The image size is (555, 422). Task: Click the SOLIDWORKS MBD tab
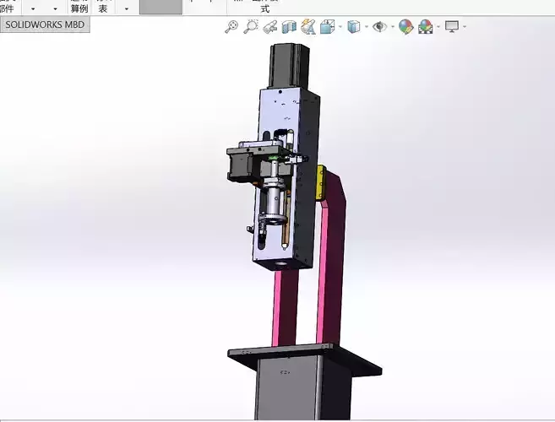tap(45, 25)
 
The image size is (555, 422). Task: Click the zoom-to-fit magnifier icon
tap(231, 27)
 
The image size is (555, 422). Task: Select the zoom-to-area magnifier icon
tap(251, 27)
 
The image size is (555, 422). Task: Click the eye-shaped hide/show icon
tap(379, 27)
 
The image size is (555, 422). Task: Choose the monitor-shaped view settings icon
tap(452, 27)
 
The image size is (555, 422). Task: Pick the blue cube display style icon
tap(353, 27)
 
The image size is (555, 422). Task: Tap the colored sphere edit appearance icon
tap(406, 27)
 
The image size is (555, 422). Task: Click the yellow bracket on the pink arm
tap(320, 183)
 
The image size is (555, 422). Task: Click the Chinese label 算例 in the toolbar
tap(79, 7)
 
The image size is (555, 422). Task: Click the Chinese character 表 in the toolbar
tap(103, 7)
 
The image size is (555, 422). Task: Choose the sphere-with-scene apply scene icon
tap(426, 27)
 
